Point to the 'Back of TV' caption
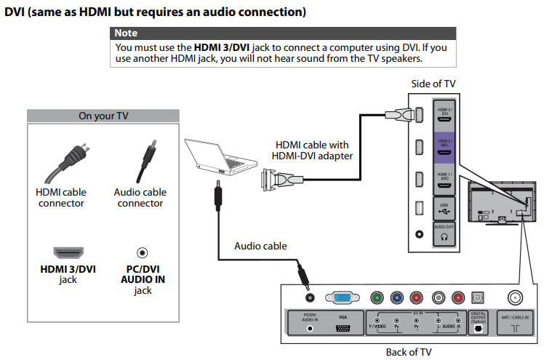click(408, 352)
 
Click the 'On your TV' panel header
click(103, 116)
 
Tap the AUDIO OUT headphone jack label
click(444, 232)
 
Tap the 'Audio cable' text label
click(260, 246)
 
